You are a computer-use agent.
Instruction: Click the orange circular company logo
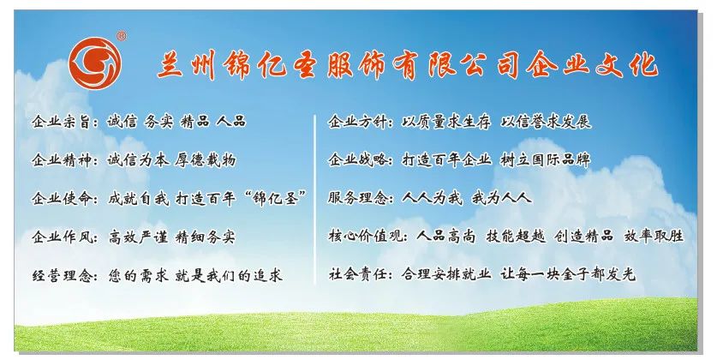tap(95, 63)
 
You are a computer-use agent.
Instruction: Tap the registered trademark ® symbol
tap(122, 36)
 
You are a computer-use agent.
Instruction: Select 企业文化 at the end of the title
tap(592, 65)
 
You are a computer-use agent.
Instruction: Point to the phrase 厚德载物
tap(206, 160)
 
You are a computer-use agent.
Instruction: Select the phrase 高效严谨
tap(138, 237)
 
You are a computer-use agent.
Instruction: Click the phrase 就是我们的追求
tap(229, 276)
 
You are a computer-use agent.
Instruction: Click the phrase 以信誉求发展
tap(546, 122)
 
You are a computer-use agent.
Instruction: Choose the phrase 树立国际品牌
tap(546, 159)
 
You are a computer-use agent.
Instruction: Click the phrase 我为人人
tap(502, 198)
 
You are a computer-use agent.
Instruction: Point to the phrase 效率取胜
tap(654, 236)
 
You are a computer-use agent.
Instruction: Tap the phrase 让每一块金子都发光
tap(568, 274)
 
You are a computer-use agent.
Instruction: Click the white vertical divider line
tap(315, 200)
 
